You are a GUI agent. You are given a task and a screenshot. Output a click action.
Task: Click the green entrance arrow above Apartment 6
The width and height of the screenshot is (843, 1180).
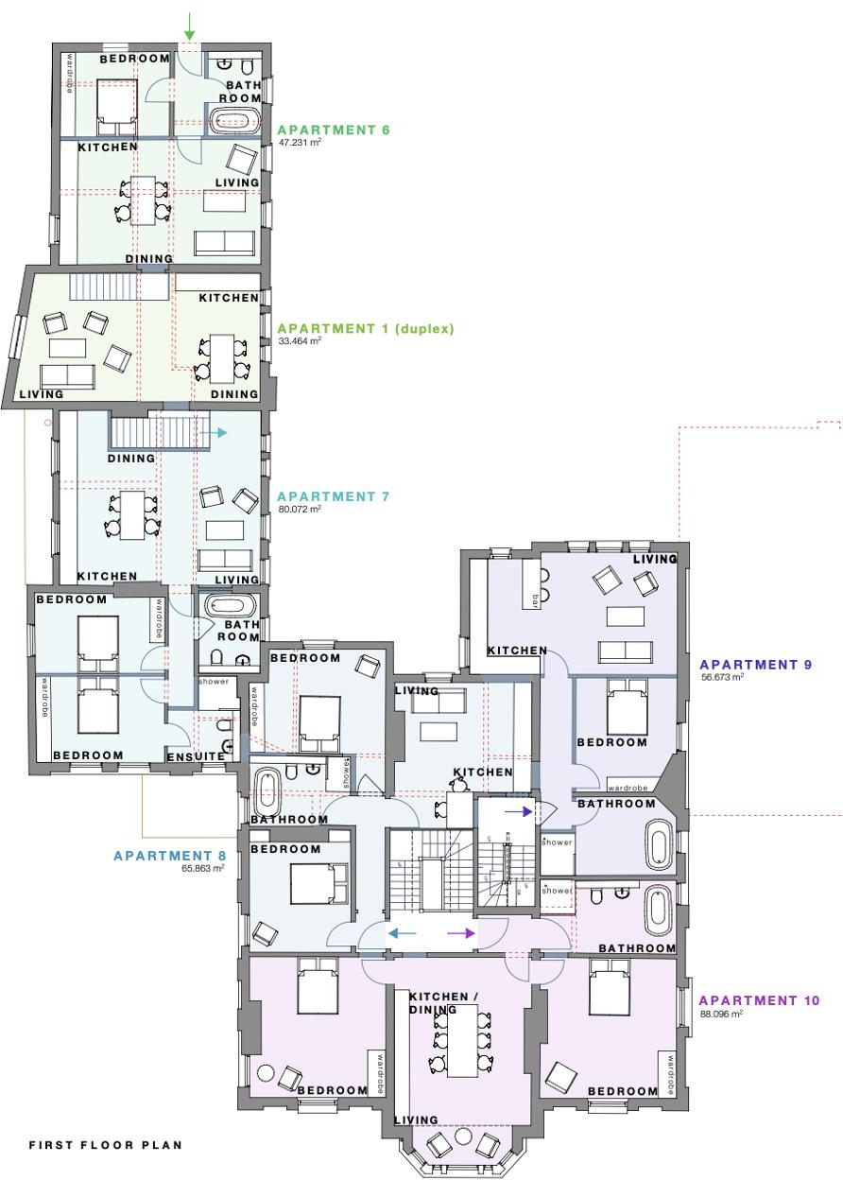[189, 25]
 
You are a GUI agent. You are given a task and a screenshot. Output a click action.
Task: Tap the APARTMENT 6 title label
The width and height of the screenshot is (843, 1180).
[333, 130]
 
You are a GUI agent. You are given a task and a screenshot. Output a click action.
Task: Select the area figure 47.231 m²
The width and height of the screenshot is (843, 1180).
[300, 143]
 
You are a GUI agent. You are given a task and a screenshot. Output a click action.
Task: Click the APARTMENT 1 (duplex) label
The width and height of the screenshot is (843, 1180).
[365, 329]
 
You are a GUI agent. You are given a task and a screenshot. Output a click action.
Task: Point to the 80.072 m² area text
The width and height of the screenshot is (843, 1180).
[300, 509]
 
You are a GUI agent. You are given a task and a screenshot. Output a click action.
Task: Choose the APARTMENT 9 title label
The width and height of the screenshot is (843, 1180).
[755, 665]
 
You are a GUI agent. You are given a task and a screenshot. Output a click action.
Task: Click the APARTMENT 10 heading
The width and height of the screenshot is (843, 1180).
[759, 1000]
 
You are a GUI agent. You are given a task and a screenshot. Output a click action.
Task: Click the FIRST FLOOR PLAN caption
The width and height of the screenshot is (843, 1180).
[105, 1145]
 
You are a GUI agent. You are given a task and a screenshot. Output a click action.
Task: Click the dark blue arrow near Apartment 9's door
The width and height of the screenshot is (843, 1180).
[517, 810]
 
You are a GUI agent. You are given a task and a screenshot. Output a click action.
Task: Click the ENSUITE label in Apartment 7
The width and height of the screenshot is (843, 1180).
[196, 756]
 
